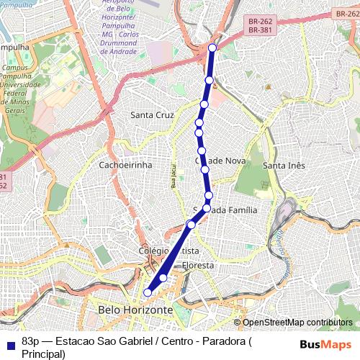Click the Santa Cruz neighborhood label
tap(152, 114)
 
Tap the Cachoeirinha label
tap(125, 165)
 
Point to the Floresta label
tap(197, 265)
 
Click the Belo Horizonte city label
tap(135, 310)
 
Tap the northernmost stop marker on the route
tap(212, 48)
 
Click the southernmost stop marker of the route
tap(148, 292)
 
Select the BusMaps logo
tap(326, 344)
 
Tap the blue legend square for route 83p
tap(8, 341)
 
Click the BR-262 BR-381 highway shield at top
tap(258, 27)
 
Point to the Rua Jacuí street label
tap(174, 176)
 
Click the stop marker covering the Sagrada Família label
tap(207, 208)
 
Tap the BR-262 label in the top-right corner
tap(347, 14)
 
